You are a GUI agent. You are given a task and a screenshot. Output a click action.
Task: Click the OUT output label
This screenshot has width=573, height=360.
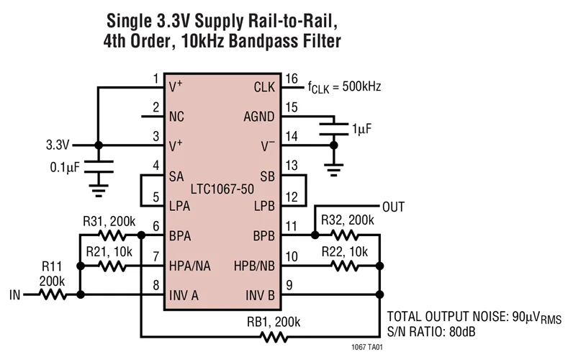[394, 207]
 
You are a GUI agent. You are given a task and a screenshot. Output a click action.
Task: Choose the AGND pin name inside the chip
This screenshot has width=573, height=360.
[259, 115]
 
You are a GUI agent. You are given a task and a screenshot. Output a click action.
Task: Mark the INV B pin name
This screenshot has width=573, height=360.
[261, 294]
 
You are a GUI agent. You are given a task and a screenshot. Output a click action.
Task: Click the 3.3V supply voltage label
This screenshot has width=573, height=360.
[58, 144]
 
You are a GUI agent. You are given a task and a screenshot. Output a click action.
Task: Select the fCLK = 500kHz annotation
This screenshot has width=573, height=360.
[344, 88]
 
